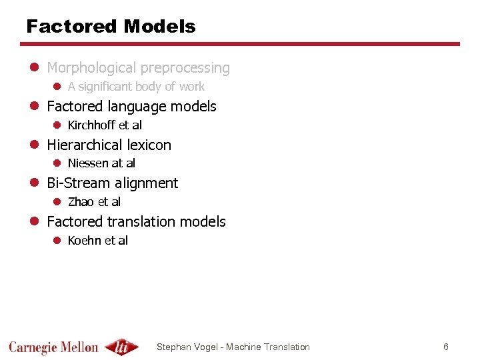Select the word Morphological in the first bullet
(x=89, y=68)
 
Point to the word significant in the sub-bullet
(x=110, y=87)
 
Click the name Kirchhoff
(x=91, y=125)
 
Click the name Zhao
(x=81, y=202)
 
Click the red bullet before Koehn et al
(x=57, y=241)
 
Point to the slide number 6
(x=446, y=347)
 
